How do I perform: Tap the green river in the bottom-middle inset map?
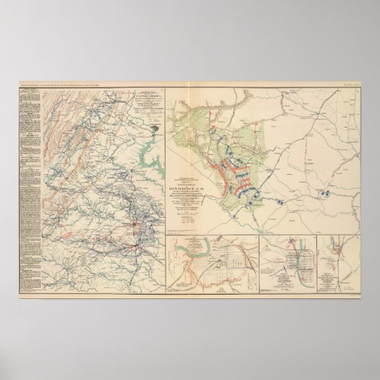click(x=290, y=255)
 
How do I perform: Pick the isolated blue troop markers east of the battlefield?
click(x=326, y=191)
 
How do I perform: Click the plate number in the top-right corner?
click(x=352, y=87)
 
